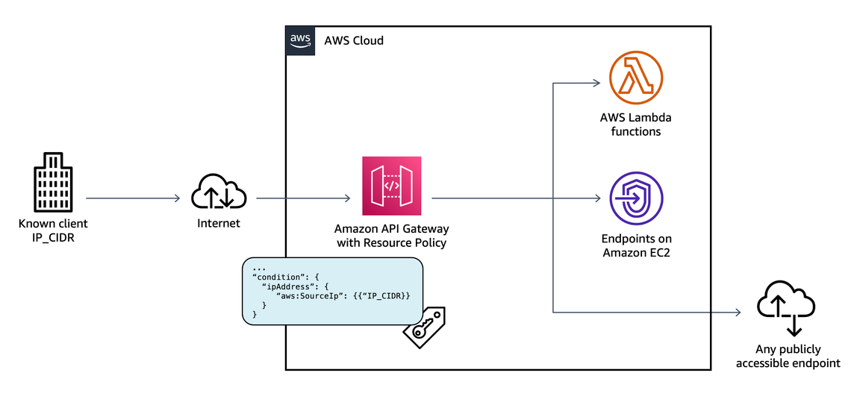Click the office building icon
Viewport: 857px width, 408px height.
[x=53, y=183]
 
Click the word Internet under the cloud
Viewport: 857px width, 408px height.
[x=219, y=223]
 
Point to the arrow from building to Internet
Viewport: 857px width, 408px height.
[x=134, y=198]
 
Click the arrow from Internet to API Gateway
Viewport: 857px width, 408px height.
[x=303, y=198]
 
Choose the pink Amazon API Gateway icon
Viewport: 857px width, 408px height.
[x=391, y=186]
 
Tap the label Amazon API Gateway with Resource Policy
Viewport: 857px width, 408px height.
[x=390, y=236]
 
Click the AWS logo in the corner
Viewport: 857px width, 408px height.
[x=301, y=40]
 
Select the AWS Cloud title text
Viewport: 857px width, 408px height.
[x=354, y=40]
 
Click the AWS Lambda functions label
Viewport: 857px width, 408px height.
[x=636, y=125]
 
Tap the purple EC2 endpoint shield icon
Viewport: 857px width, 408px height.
[x=636, y=198]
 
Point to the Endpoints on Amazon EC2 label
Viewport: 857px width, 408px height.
[x=636, y=245]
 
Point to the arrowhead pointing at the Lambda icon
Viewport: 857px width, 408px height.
[x=597, y=83]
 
